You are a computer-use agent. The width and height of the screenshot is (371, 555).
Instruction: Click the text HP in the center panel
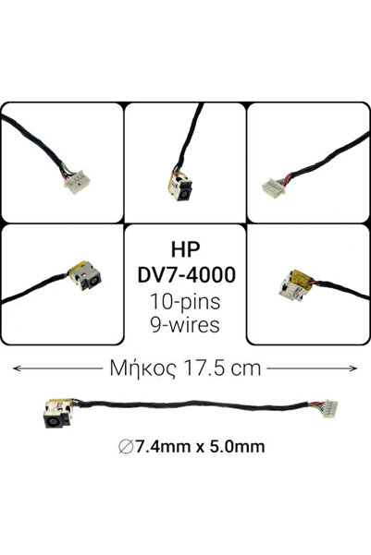pos(185,249)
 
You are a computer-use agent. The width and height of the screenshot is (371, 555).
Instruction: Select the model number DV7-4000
pos(187,274)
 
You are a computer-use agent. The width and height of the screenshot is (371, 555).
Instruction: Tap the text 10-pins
pos(185,302)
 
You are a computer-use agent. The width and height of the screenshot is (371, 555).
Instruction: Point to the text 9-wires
pos(185,324)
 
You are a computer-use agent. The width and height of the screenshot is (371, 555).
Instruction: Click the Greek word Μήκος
pos(142,368)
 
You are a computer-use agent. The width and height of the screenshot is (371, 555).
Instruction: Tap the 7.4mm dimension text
pos(163,446)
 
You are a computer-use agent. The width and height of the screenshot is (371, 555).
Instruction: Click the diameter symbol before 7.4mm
pos(126,447)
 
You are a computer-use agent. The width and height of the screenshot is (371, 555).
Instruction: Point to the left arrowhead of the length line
pos(17,368)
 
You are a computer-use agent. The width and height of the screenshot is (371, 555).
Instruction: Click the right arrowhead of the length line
pos(353,368)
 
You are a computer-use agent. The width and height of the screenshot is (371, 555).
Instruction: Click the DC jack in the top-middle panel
pos(180,185)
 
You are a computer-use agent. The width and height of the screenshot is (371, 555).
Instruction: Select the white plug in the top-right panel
pos(274,187)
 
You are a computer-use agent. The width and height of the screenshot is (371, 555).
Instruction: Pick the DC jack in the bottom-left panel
pos(86,276)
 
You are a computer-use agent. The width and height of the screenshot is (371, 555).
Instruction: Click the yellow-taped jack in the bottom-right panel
pos(295,285)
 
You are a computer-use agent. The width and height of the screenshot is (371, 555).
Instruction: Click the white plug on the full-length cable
pos(330,409)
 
